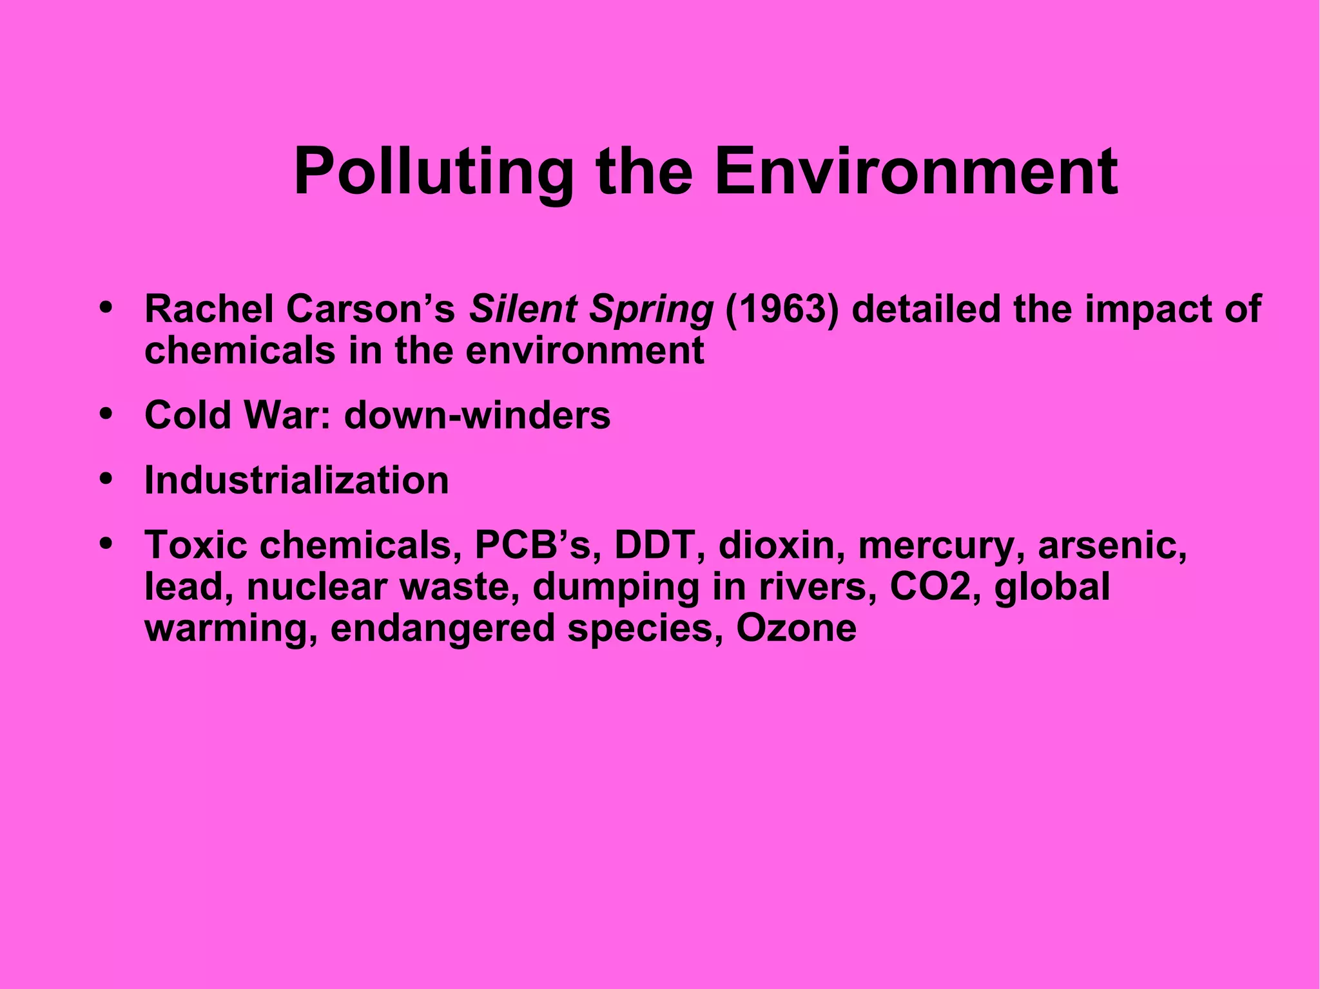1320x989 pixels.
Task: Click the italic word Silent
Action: click(523, 309)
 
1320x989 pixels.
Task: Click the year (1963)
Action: click(781, 309)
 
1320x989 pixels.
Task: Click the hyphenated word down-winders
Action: click(477, 415)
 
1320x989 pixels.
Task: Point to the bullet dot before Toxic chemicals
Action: click(107, 543)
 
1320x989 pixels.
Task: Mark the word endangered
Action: click(442, 629)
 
